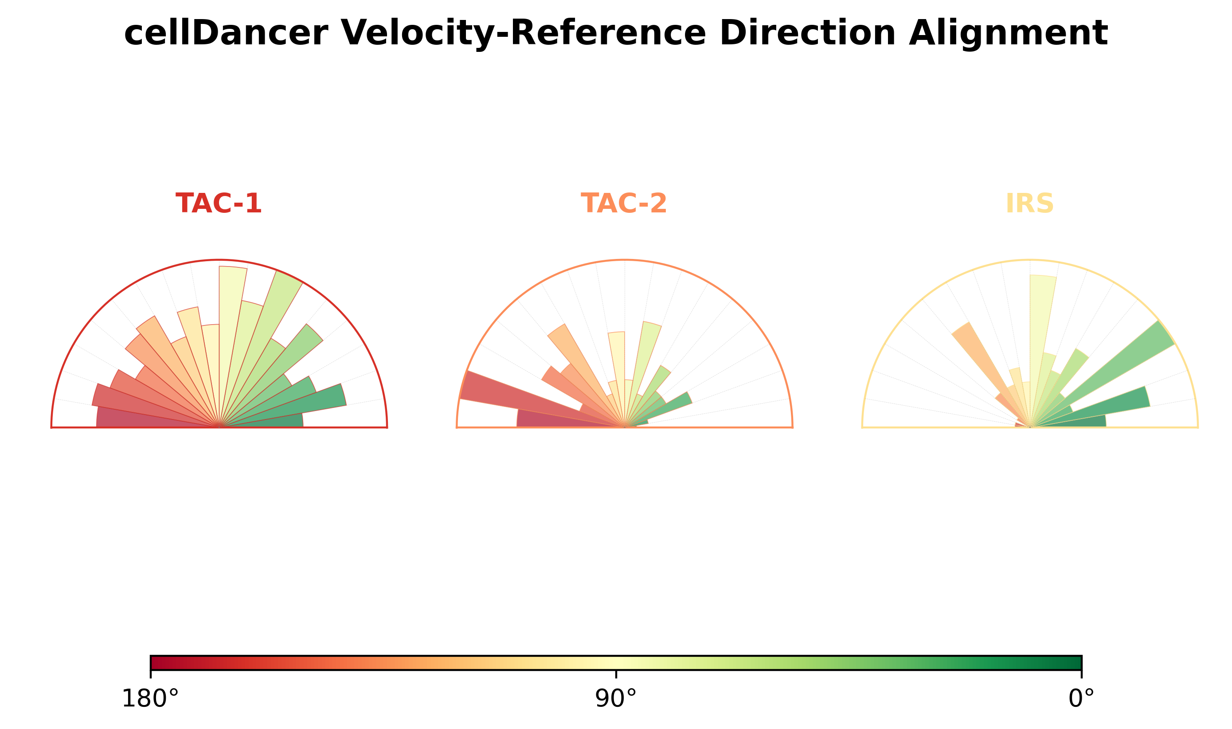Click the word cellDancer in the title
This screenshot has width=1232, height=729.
pyautogui.click(x=226, y=33)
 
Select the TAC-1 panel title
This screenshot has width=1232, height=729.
pyautogui.click(x=219, y=204)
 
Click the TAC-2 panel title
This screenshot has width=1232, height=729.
pyautogui.click(x=624, y=204)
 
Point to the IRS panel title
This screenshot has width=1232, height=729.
pyautogui.click(x=1030, y=204)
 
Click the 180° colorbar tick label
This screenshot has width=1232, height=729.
pyautogui.click(x=150, y=698)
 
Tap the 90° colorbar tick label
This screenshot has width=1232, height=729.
pyautogui.click(x=616, y=698)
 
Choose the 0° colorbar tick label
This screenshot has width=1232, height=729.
pyautogui.click(x=1081, y=698)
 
